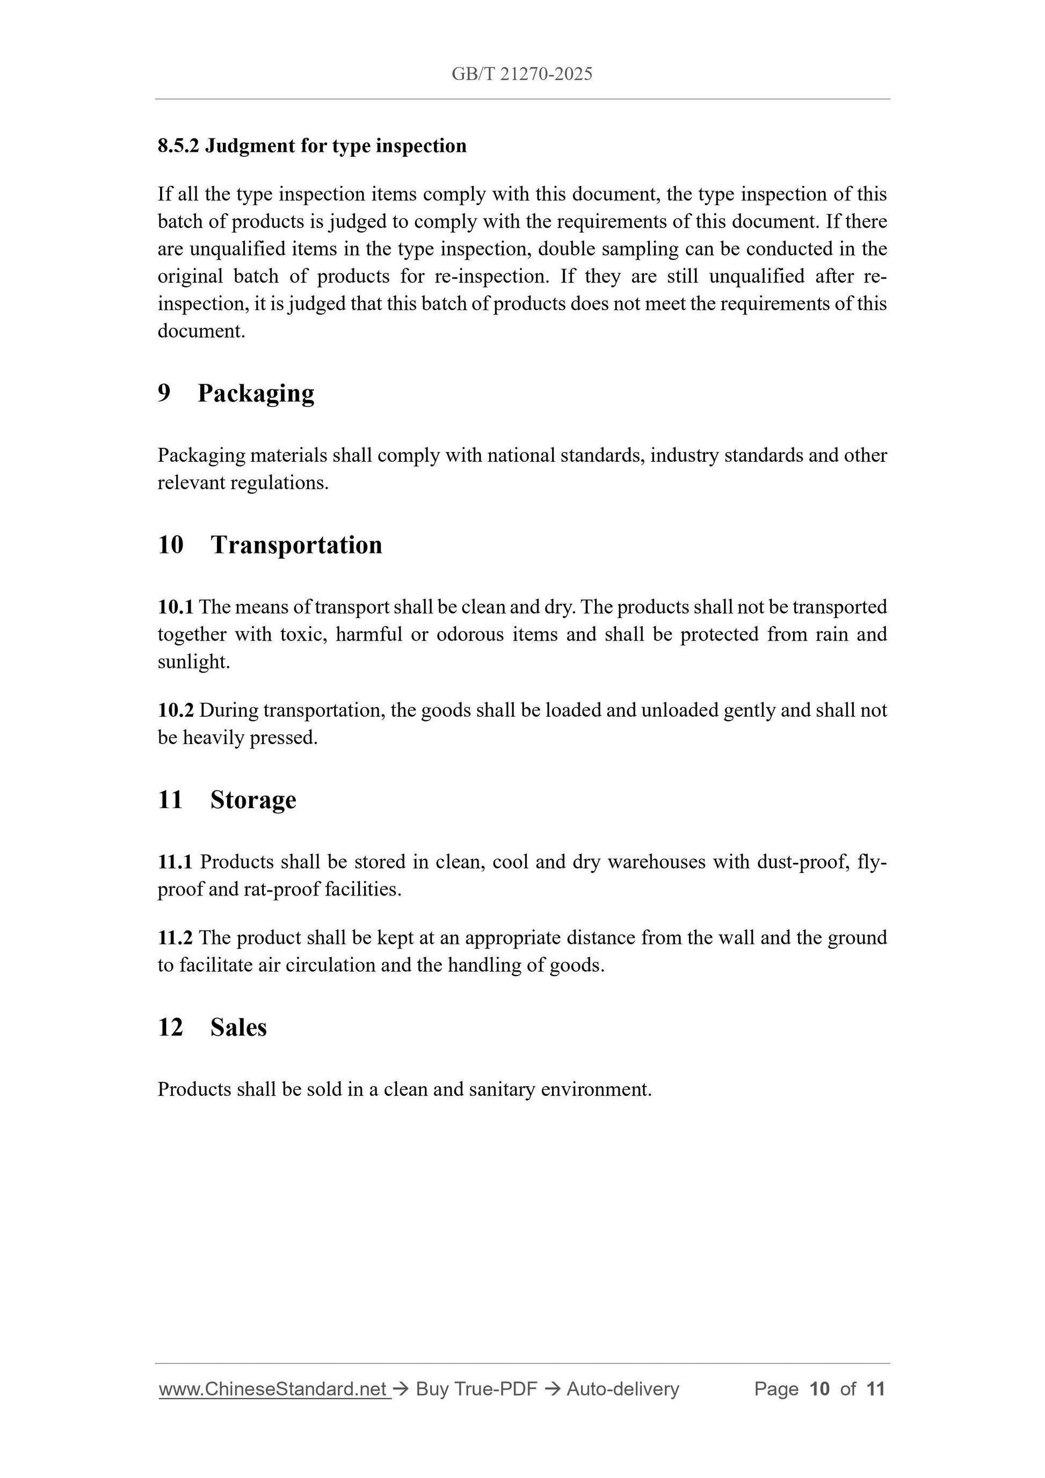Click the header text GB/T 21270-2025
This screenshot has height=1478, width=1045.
click(x=521, y=74)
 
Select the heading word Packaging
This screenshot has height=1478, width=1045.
click(x=256, y=394)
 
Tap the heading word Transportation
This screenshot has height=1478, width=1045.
click(x=296, y=545)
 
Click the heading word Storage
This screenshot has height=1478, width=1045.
click(x=253, y=800)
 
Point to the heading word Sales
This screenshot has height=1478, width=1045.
click(x=238, y=1028)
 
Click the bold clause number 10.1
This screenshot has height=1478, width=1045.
click(x=175, y=607)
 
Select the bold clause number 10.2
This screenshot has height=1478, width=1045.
click(x=175, y=710)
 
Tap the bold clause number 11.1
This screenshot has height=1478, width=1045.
click(x=175, y=862)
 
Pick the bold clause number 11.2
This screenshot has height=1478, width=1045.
click(x=175, y=938)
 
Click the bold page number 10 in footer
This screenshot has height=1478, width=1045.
click(x=819, y=1389)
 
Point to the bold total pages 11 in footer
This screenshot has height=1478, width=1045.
click(x=876, y=1389)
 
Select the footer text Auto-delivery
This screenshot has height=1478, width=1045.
click(x=622, y=1389)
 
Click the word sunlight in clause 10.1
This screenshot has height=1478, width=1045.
click(x=193, y=662)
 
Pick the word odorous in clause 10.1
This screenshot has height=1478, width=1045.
click(x=470, y=635)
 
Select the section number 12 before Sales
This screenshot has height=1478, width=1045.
click(x=171, y=1028)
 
